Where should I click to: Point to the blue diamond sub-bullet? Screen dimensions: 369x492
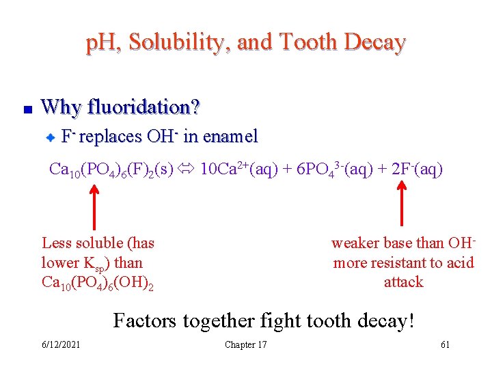pyautogui.click(x=49, y=138)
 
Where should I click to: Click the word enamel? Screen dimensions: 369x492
pyautogui.click(x=230, y=137)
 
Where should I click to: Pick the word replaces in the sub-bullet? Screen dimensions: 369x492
pyautogui.click(x=111, y=137)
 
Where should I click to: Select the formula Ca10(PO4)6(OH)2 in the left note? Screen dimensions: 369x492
pyautogui.click(x=97, y=282)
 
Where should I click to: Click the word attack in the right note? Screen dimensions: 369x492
pyautogui.click(x=403, y=282)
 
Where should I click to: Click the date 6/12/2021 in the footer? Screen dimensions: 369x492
pyautogui.click(x=60, y=344)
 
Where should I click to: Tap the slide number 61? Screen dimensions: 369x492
pyautogui.click(x=445, y=344)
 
